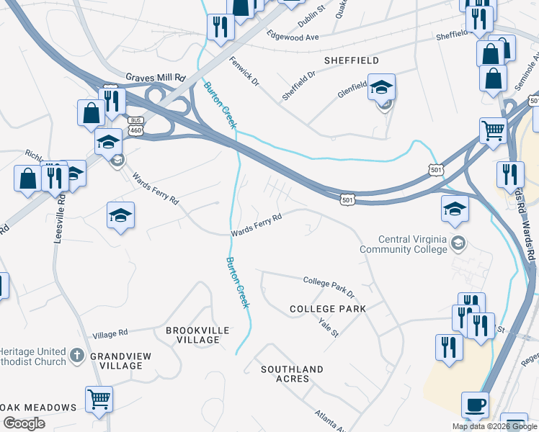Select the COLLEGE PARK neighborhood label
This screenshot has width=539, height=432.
328,308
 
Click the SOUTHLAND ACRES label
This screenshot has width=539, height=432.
293,374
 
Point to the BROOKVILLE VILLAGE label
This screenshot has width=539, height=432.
197,335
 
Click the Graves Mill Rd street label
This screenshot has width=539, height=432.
156,77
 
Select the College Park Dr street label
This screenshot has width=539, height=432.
329,286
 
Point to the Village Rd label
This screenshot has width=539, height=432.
110,333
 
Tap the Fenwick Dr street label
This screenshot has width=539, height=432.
244,71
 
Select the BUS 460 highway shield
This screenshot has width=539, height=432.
135,125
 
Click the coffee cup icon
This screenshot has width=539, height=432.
475,405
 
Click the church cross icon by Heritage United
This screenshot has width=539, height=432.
78,355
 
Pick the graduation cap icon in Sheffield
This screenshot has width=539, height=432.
381,87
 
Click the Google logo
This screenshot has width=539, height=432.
24,423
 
